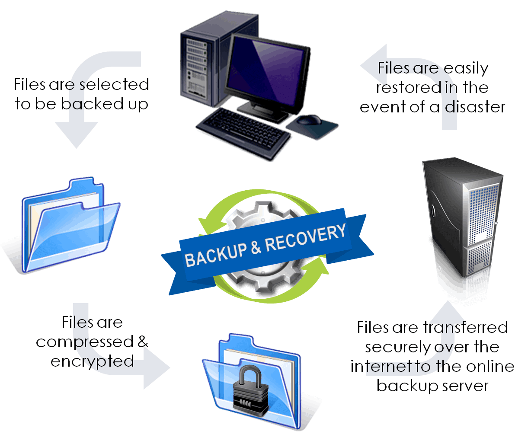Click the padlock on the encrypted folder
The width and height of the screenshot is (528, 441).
250,391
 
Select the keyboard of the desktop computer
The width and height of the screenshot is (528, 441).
243,134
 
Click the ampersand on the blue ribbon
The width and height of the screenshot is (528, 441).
256,248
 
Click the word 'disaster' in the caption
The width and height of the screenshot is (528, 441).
475,107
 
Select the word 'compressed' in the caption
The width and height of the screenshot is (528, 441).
85,342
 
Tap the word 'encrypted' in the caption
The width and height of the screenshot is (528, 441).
92,361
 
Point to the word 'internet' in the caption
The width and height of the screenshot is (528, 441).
381,366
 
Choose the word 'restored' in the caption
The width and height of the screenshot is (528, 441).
409,87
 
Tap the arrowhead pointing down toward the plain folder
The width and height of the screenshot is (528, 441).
77,134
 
